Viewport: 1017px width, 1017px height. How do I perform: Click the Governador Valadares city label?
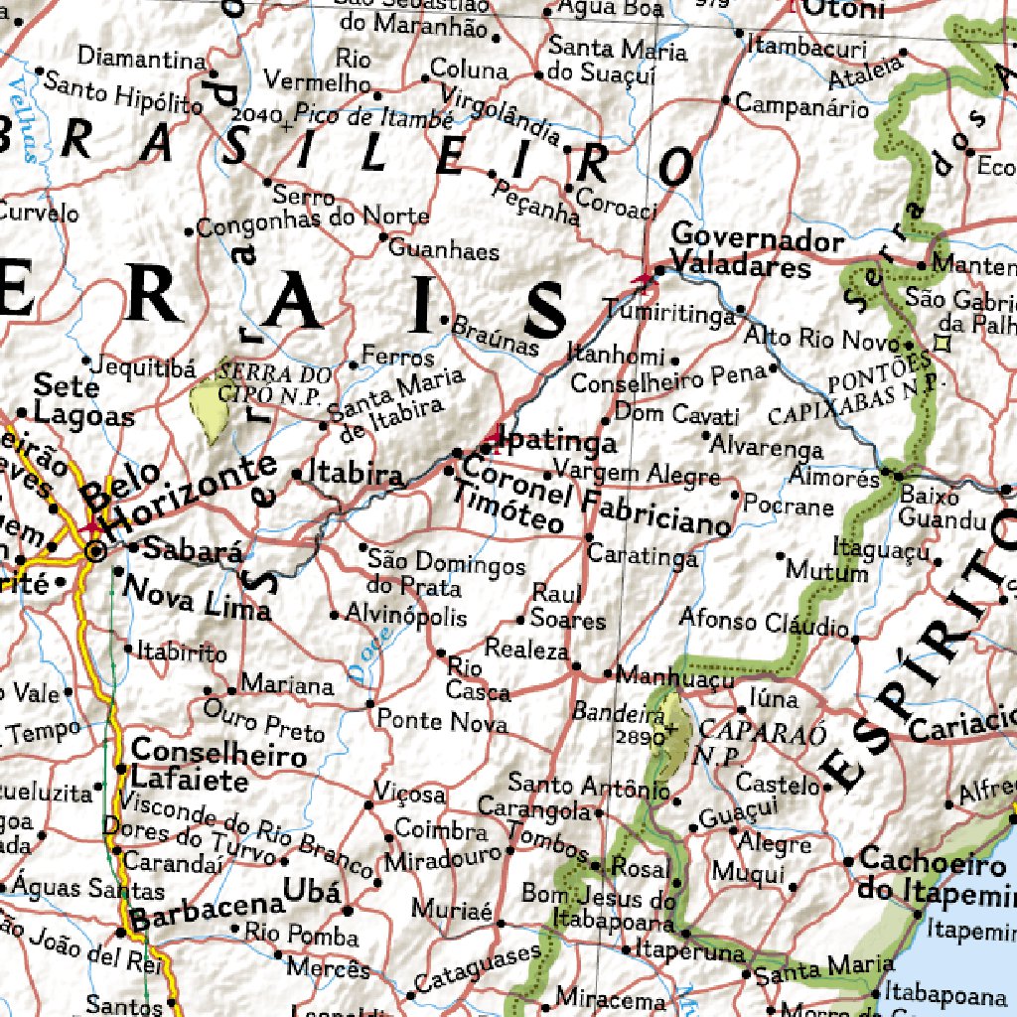point(741,253)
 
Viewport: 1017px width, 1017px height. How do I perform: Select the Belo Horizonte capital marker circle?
point(95,551)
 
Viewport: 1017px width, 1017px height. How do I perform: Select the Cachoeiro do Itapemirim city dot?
point(850,861)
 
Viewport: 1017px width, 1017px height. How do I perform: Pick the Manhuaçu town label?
point(674,677)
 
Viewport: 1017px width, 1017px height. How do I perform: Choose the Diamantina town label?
point(141,58)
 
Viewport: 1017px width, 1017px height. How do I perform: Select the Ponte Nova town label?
point(442,720)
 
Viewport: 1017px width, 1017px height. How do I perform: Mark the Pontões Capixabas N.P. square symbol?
point(941,345)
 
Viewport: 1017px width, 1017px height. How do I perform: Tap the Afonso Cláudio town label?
point(764,623)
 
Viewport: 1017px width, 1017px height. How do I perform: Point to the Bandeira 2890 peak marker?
point(676,730)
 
